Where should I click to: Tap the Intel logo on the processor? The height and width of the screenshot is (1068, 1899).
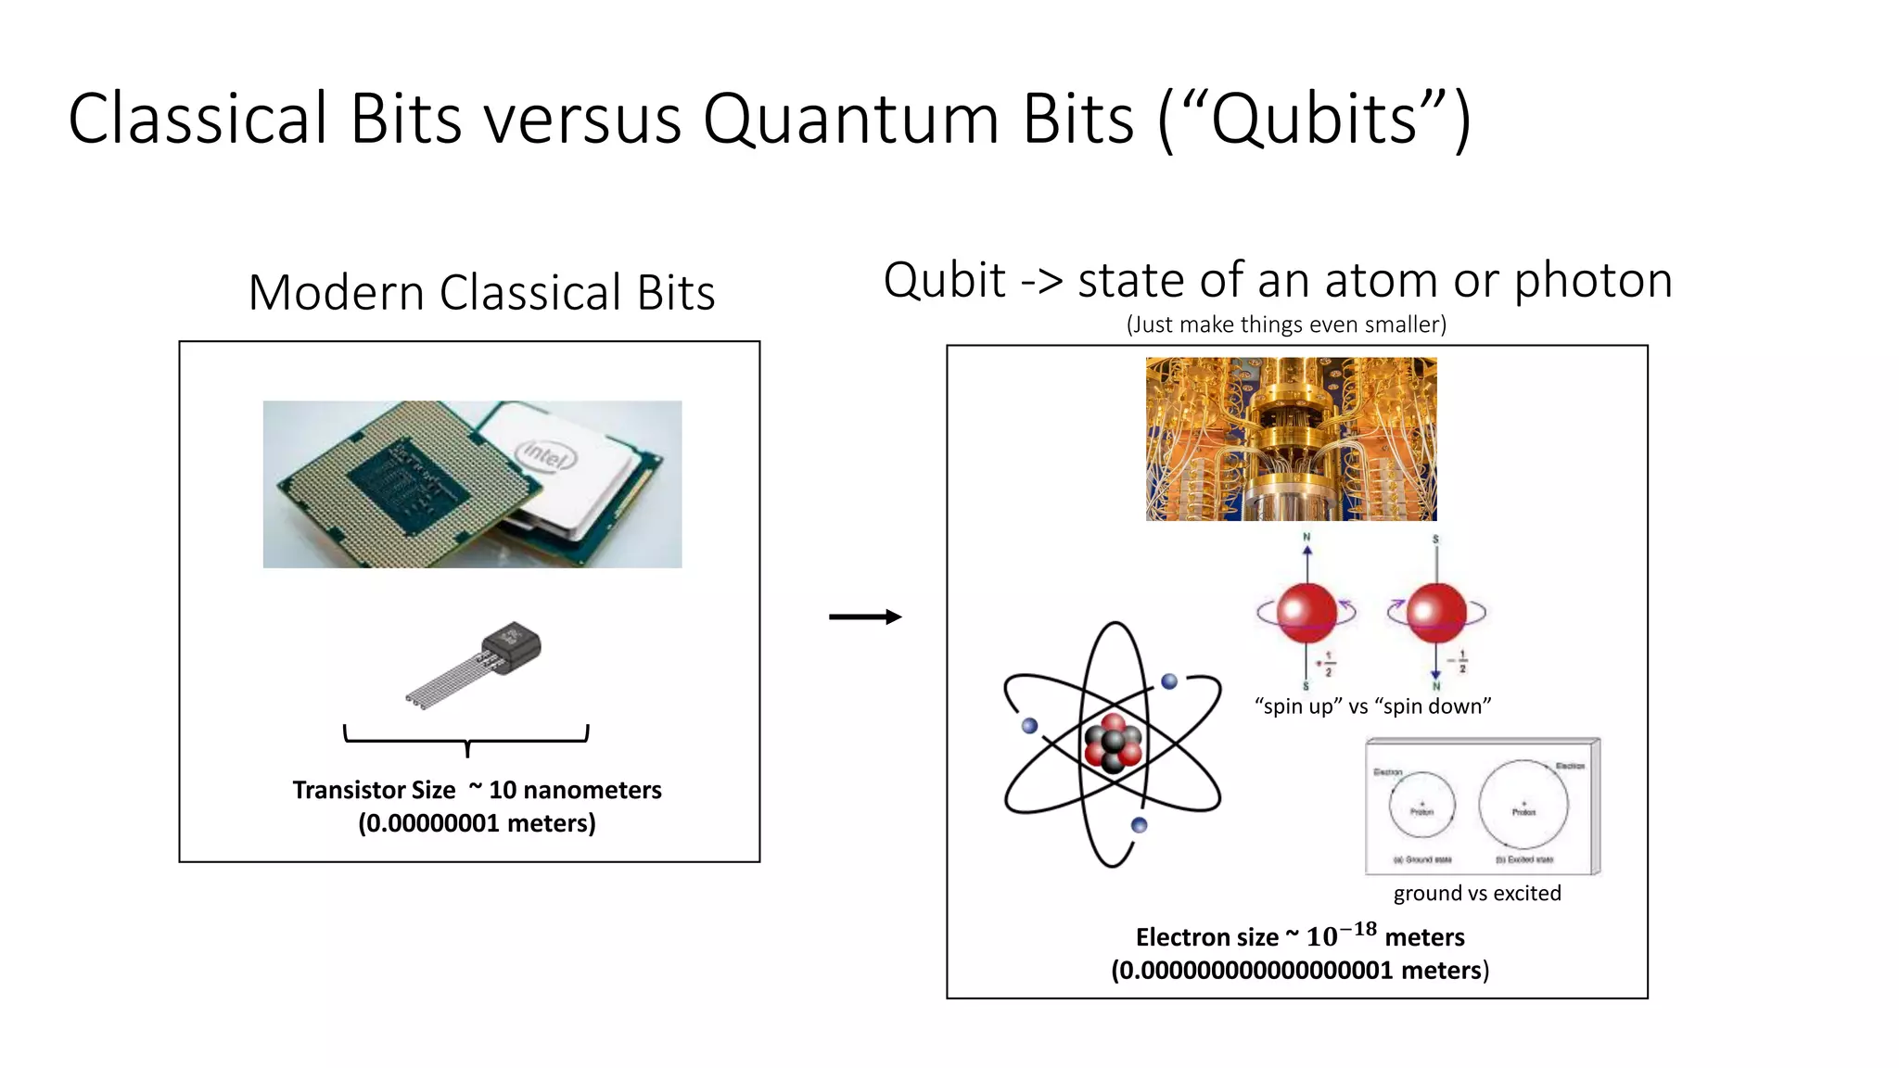click(x=545, y=456)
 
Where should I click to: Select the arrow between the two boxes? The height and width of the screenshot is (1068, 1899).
click(x=864, y=617)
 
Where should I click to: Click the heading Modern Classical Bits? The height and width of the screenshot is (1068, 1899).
click(x=481, y=293)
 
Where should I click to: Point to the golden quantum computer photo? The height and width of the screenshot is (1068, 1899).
click(x=1291, y=439)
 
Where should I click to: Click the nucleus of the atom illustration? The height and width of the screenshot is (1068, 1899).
click(x=1113, y=744)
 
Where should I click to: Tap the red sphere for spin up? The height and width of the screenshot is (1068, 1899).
click(x=1306, y=612)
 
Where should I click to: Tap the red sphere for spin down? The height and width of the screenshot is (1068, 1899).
click(x=1435, y=612)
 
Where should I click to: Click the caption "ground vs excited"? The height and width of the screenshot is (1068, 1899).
click(x=1477, y=894)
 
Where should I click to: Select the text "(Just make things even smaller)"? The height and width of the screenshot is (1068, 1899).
click(x=1286, y=324)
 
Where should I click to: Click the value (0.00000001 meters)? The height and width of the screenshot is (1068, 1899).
click(x=477, y=823)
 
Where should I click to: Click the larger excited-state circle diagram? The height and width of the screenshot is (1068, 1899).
click(x=1523, y=805)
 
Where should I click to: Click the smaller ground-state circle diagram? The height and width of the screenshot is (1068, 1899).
click(x=1421, y=805)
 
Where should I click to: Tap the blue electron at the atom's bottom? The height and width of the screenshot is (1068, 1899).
click(x=1140, y=825)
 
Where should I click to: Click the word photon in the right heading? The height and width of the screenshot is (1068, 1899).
click(x=1593, y=280)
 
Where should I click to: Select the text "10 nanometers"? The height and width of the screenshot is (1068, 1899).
click(x=575, y=790)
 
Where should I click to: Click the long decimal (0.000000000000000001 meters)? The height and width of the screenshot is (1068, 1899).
click(x=1300, y=971)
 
